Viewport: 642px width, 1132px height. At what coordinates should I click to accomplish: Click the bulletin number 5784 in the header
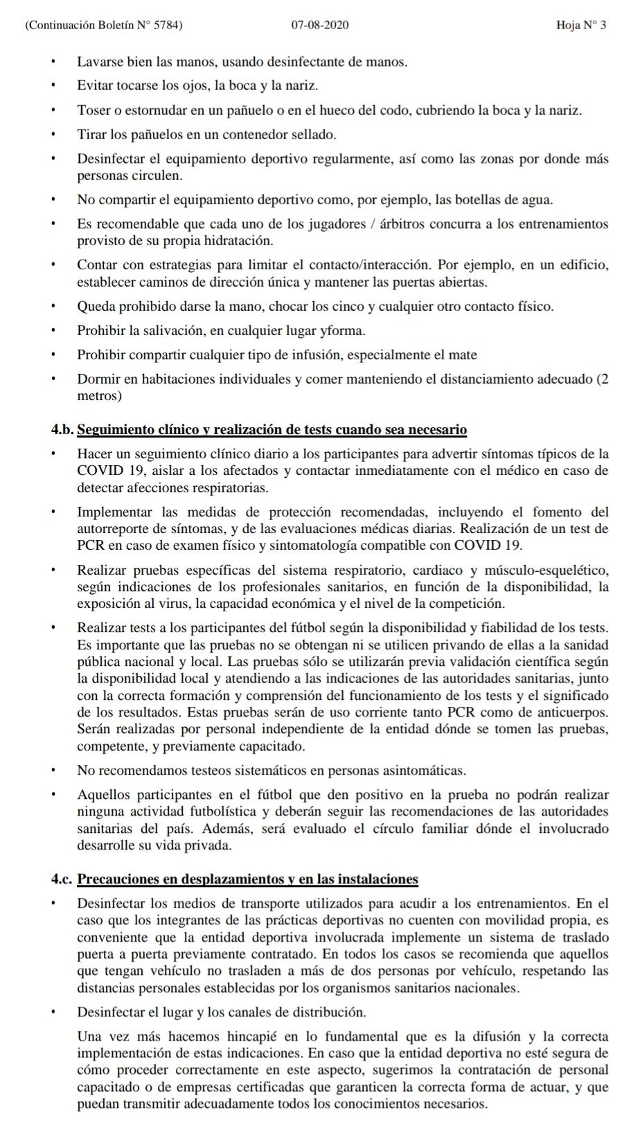click(168, 26)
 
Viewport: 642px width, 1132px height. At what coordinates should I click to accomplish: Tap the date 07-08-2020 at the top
click(320, 26)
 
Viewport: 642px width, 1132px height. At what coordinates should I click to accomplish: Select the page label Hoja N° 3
click(581, 26)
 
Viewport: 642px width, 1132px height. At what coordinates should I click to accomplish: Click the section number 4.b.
click(62, 429)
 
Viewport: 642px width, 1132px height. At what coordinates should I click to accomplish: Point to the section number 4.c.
click(62, 879)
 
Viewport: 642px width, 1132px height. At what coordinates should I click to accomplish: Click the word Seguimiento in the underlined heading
click(115, 429)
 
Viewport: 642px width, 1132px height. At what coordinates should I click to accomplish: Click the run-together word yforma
click(346, 331)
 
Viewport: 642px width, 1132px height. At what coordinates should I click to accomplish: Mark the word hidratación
click(238, 241)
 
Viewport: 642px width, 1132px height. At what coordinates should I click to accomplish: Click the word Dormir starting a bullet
click(97, 379)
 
